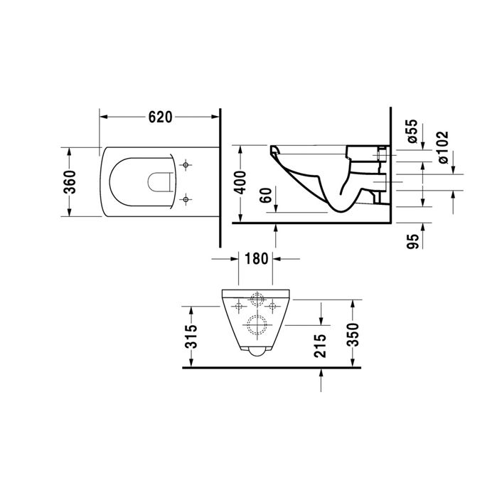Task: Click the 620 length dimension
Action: pos(160,117)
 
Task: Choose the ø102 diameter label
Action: pos(442,148)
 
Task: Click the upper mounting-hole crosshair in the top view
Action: pos(186,166)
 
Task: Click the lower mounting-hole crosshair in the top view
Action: pos(186,198)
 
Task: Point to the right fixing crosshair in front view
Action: pos(272,307)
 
